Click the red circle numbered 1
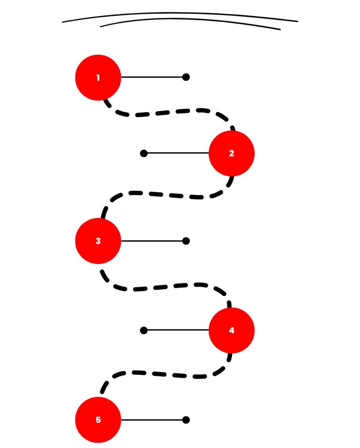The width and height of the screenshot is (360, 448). pos(98,78)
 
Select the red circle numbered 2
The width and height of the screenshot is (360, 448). pos(232,153)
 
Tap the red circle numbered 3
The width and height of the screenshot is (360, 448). pos(98,241)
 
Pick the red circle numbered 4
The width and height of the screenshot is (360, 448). pos(232,330)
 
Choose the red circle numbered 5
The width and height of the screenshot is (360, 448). pos(98,420)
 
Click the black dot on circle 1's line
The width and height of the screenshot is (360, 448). pos(186,77)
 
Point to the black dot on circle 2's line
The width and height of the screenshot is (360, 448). pos(144,153)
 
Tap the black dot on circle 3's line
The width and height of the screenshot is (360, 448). pos(186,241)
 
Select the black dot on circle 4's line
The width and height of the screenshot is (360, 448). pos(144,330)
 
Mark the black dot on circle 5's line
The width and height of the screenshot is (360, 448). pos(186,420)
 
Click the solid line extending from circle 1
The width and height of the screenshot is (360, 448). pos(152,77)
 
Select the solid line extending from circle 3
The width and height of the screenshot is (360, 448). pos(152,241)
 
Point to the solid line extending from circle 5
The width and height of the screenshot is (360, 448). pos(152,420)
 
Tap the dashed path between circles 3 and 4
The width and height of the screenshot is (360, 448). pos(164,286)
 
